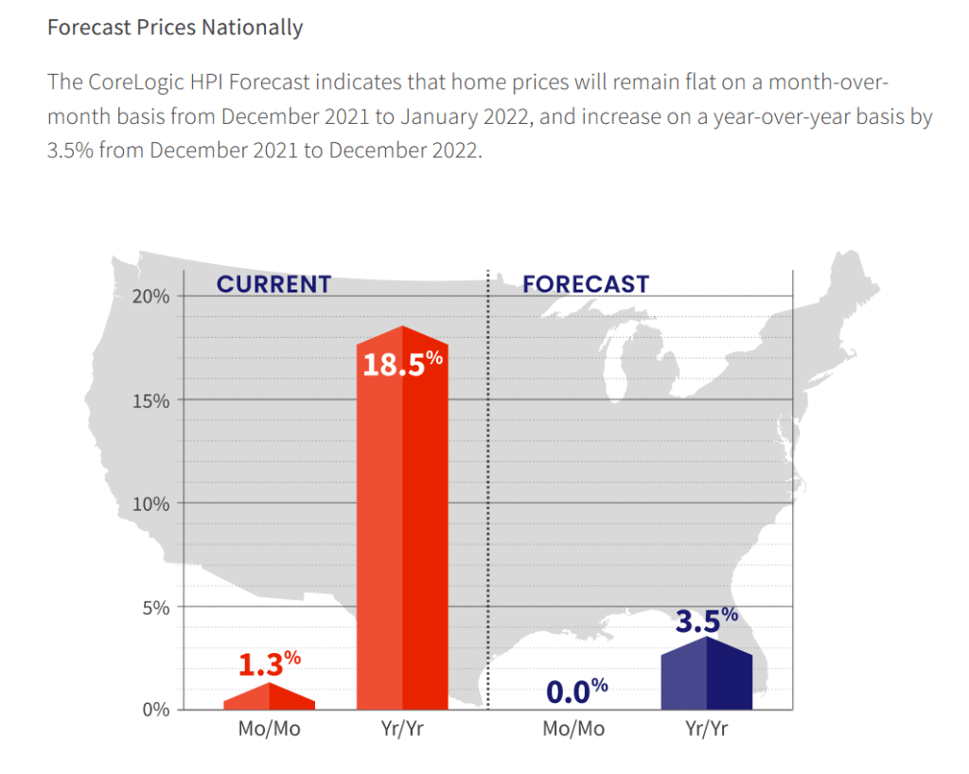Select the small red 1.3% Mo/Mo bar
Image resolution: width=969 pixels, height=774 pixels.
coord(270,698)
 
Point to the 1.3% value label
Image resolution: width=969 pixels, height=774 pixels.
coord(269,663)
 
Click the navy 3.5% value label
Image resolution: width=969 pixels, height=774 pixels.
coord(706,621)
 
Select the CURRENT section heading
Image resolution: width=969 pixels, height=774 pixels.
coord(273,284)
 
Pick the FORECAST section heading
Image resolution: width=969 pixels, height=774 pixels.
coord(586,284)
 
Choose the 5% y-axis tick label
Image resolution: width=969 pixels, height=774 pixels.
coord(154,607)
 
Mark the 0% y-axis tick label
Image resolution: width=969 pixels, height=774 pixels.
coord(154,710)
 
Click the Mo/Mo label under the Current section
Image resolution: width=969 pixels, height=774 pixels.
coord(269,730)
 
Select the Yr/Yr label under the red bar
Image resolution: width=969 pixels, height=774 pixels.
coord(402,730)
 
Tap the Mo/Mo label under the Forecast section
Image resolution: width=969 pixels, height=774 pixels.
coord(573,730)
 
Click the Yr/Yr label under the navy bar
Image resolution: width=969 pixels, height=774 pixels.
coord(707,730)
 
